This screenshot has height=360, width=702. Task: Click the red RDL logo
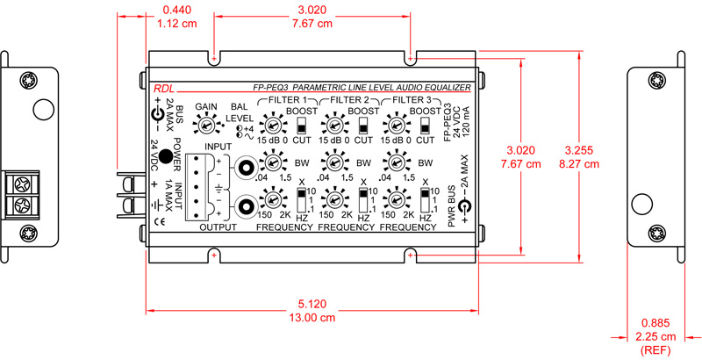163,89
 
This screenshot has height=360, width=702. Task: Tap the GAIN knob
207,126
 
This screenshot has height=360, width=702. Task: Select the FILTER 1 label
286,100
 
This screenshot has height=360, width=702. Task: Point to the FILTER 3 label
411,100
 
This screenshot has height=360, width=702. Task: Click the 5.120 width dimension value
312,304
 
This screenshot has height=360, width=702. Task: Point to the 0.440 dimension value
168,10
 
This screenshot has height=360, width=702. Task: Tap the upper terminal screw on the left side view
21,185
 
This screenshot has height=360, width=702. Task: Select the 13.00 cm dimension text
312,318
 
